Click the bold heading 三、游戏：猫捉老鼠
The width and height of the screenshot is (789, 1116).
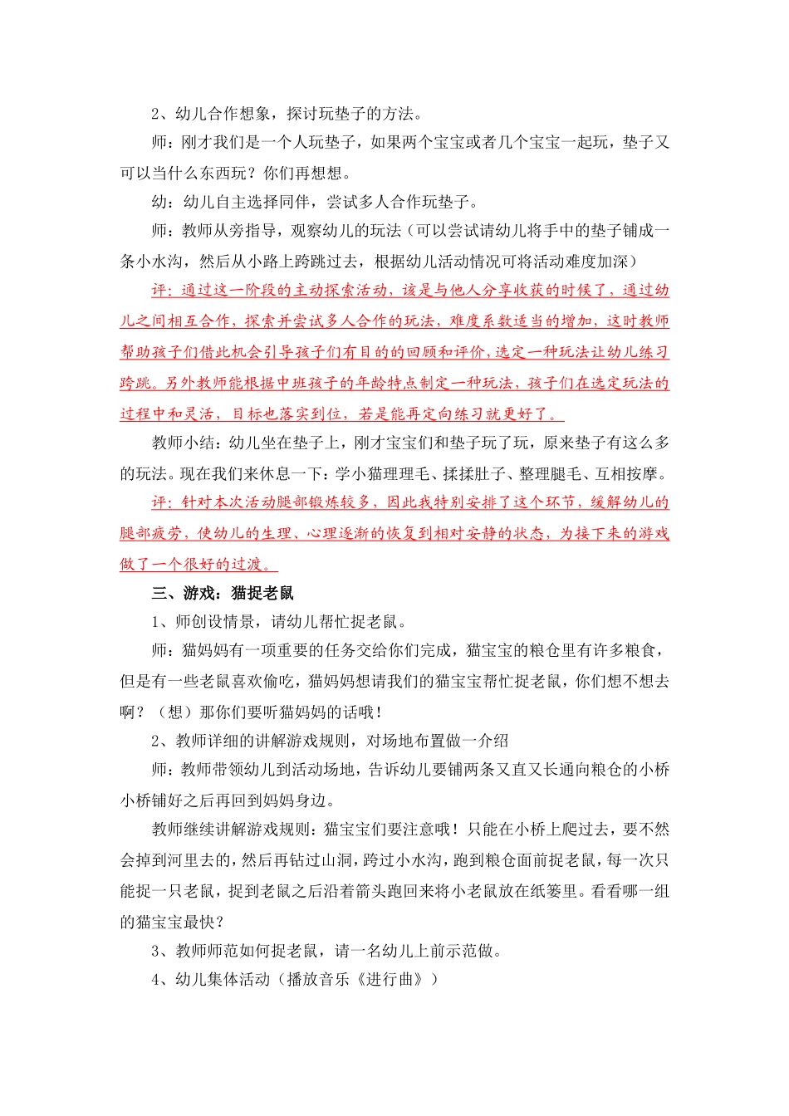pos(223,593)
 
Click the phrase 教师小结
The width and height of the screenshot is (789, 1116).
pos(184,443)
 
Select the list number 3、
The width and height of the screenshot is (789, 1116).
pos(161,951)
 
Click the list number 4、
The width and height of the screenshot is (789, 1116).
pos(161,980)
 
